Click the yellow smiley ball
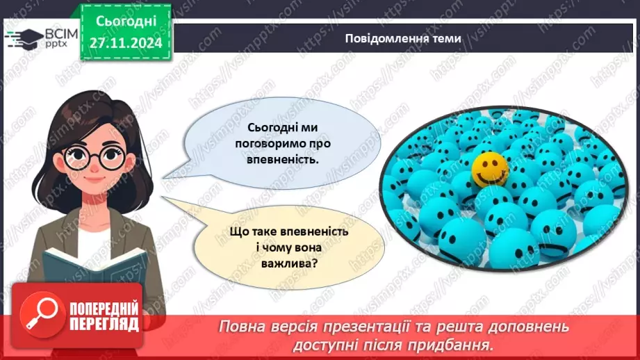tap(491, 168)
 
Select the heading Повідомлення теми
tap(402, 38)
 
